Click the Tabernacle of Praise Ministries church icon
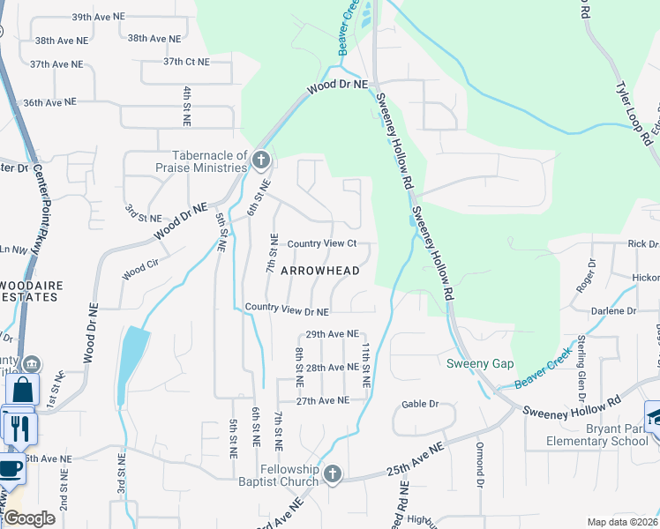point(259,160)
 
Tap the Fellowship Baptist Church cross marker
point(333,474)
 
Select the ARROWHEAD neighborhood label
point(320,272)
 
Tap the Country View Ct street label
point(322,243)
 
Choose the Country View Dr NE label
point(287,311)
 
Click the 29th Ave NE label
point(332,335)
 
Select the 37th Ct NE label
point(186,62)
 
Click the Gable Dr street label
point(420,404)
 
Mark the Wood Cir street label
point(141,269)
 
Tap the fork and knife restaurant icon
point(20,428)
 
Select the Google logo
point(29,518)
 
